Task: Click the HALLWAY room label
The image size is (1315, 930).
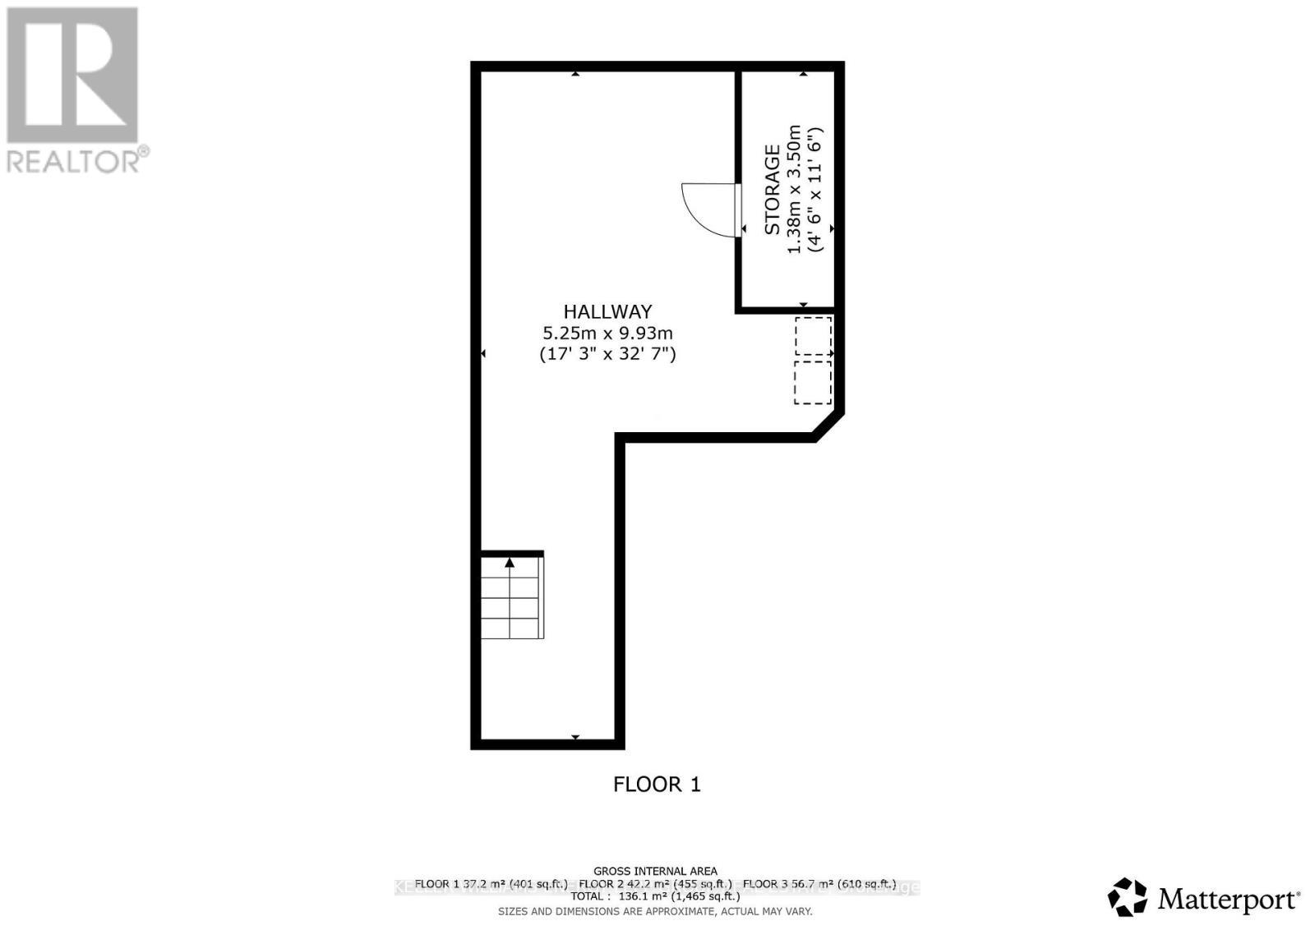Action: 607,311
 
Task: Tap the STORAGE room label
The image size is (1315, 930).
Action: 773,190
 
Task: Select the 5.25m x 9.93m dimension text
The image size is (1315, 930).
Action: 607,333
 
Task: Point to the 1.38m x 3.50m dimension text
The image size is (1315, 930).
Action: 794,190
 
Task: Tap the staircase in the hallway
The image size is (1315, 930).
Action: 511,596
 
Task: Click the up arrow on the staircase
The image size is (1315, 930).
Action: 510,563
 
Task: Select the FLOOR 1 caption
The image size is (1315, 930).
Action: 657,785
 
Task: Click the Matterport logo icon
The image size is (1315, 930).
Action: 1127,897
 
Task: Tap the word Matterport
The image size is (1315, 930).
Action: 1228,900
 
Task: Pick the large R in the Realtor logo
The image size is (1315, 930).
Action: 72,75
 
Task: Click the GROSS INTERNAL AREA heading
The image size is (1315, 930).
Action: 655,871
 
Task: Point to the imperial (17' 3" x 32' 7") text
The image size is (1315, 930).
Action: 607,354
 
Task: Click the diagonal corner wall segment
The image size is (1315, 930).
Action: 828,425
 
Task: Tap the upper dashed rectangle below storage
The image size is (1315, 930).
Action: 813,336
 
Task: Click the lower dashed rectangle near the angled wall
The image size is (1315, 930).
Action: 813,382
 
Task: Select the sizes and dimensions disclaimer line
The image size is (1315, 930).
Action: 655,911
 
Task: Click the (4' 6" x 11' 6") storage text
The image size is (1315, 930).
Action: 815,190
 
